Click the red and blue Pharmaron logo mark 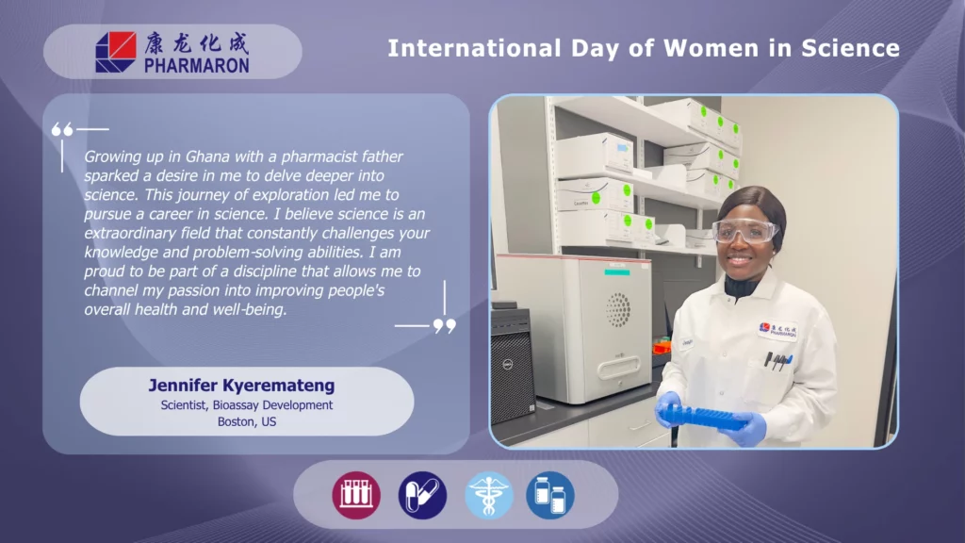(x=116, y=52)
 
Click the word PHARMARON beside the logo (x=197, y=65)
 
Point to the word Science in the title (x=851, y=48)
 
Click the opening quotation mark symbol (x=62, y=129)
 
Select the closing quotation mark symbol (x=445, y=325)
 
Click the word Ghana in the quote (x=208, y=156)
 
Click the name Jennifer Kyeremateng (x=241, y=386)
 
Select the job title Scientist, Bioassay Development (x=247, y=405)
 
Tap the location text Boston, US (x=247, y=421)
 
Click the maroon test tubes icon (x=356, y=495)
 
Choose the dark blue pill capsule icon (x=422, y=495)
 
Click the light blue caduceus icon (x=489, y=495)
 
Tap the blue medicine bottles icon (x=550, y=495)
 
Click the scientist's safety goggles (x=745, y=232)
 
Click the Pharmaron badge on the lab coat (x=777, y=331)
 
